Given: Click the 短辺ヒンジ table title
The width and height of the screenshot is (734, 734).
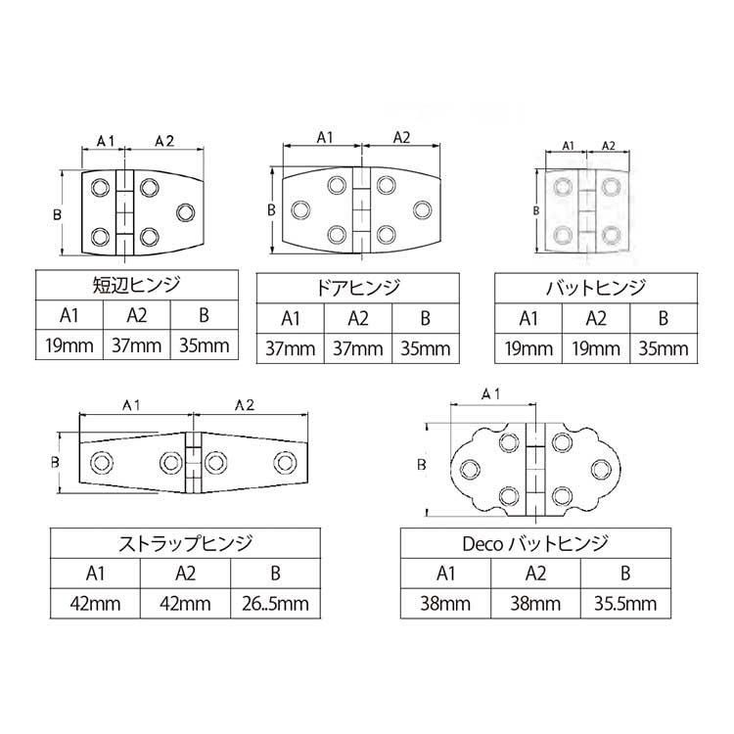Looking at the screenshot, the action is point(136,285).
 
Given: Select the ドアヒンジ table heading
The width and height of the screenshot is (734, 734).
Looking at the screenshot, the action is point(358,288).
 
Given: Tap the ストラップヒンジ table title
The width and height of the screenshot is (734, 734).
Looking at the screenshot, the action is point(185,543).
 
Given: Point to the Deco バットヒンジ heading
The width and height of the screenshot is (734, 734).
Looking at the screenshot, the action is point(535,543).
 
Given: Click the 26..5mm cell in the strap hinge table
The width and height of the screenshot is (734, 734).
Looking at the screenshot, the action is point(275,604).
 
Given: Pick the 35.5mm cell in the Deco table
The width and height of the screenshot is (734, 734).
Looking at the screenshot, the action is point(625,604).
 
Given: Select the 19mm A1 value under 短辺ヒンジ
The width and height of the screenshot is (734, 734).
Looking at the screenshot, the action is point(69,345).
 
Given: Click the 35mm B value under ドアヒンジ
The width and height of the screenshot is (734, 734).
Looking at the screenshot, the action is point(425,348).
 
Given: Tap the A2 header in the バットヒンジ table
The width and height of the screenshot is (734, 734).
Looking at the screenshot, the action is point(596,319).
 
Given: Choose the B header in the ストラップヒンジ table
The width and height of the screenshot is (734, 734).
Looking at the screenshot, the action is point(275,573).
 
